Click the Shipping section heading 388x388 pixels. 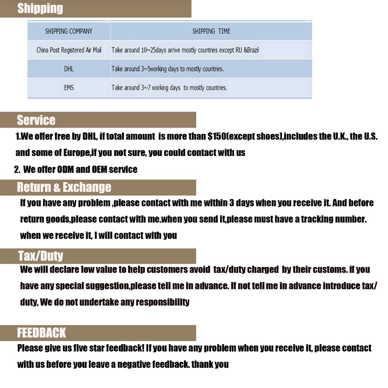[x=40, y=9]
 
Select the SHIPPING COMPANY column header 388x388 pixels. [x=69, y=31]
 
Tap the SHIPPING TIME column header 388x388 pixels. [x=211, y=31]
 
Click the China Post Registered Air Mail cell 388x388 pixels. [x=69, y=50]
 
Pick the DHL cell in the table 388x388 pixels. [x=69, y=69]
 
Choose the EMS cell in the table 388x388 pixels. [x=69, y=88]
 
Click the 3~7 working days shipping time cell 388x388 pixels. [x=169, y=88]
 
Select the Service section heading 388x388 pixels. [x=36, y=120]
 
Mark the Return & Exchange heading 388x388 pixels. [x=64, y=187]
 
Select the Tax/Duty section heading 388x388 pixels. [x=40, y=256]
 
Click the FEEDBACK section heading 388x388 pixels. [x=42, y=333]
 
